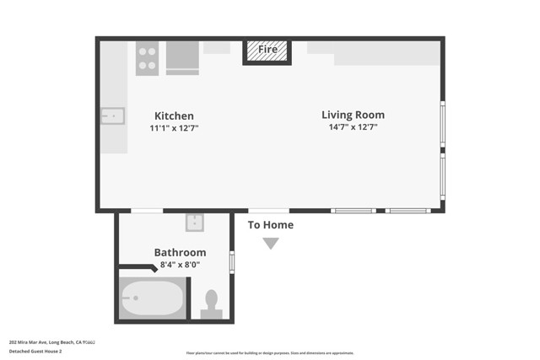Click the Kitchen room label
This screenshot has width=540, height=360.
point(173,116)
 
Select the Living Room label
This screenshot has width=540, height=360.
point(353,115)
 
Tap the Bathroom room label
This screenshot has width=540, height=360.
point(180,252)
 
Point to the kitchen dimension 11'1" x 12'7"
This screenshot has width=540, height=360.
point(173,128)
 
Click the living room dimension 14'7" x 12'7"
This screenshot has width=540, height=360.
point(353,127)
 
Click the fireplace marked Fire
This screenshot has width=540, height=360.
point(267,51)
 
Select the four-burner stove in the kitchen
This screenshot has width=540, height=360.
point(147,58)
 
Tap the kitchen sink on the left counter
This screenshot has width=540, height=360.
point(113,116)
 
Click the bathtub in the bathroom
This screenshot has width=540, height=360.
point(152,298)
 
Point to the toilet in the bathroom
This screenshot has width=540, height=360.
point(211,304)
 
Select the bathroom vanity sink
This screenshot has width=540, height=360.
point(195,223)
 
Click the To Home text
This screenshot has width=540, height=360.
point(270,225)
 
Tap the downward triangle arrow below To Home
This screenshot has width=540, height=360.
point(270,244)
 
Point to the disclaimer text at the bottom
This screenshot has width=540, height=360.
point(270,353)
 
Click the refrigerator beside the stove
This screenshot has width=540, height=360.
point(182,57)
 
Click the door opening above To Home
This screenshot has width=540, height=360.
point(268,210)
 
